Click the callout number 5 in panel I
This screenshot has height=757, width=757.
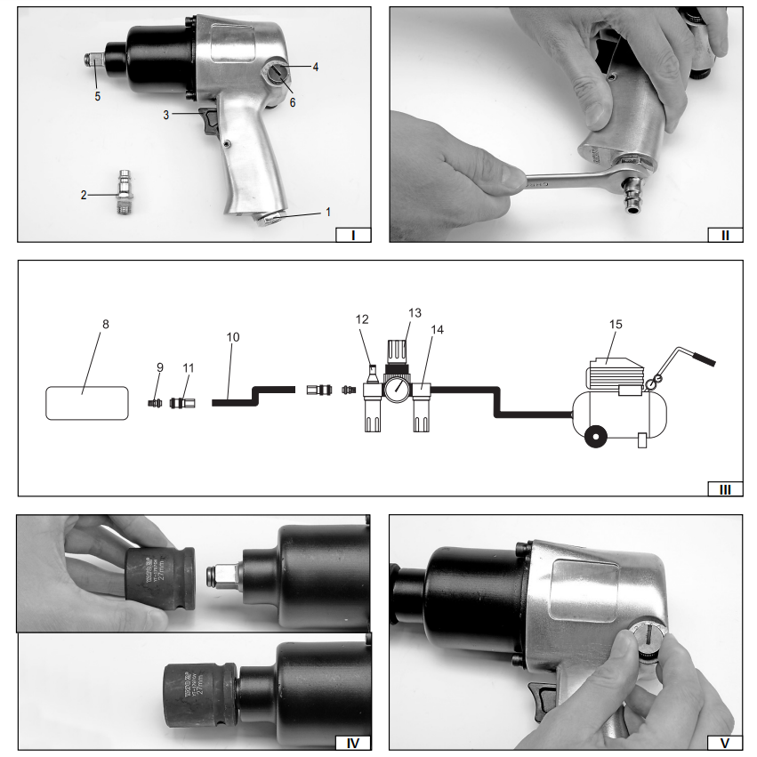coord(98,96)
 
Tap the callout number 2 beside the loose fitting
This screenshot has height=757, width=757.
coord(85,194)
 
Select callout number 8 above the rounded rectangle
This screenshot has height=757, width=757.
coord(105,324)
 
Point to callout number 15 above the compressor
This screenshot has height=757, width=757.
coord(615,324)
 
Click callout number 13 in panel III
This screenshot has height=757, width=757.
coord(414,312)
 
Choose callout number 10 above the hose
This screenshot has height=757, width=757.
coord(233,338)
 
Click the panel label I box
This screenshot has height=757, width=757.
coord(353,235)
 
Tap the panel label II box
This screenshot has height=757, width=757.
coord(725,235)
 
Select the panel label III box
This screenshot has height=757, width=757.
coord(725,488)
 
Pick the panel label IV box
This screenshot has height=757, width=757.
coord(352,743)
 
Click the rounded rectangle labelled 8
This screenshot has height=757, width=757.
coord(82,402)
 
